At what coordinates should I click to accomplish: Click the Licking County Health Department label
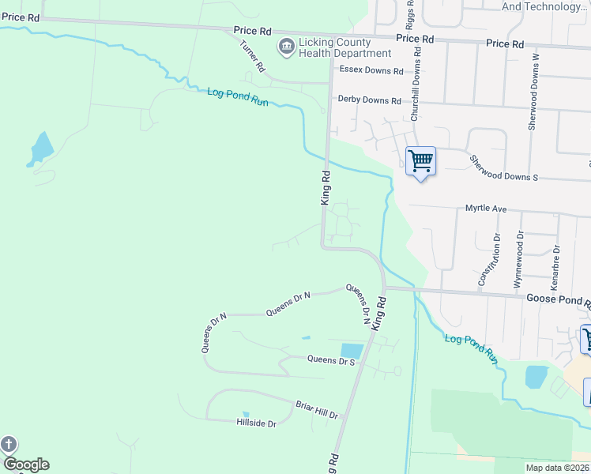(344, 47)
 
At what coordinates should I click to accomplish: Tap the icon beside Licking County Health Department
(285, 47)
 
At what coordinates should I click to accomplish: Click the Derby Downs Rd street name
(370, 100)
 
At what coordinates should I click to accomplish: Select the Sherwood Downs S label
(503, 168)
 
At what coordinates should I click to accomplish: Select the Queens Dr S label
(331, 359)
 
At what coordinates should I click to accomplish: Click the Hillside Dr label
(256, 423)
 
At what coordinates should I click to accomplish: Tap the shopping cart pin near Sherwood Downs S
(420, 161)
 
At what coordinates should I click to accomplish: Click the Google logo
(26, 465)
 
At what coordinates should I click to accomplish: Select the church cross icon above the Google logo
(9, 444)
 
